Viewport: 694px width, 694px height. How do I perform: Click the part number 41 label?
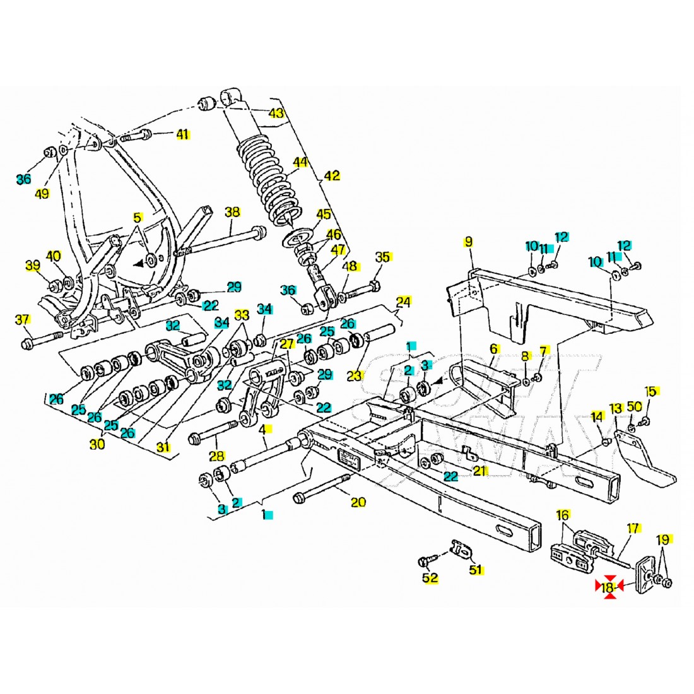coord(182,134)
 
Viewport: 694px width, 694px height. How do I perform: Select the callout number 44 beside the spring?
coord(300,162)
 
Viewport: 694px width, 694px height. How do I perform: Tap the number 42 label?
coord(332,175)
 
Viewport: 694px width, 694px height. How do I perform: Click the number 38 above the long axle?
coord(232,212)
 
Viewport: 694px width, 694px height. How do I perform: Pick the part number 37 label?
coord(22,321)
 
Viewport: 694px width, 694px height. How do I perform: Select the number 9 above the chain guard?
coord(468,241)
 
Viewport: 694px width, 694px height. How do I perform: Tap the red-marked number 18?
coord(608,588)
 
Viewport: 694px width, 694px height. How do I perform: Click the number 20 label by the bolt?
coord(358,502)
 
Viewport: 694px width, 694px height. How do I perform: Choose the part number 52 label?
coord(430,577)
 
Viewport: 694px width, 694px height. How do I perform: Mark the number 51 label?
coord(475,570)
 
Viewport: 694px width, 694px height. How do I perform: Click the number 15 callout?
coord(650,391)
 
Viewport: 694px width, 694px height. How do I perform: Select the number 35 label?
coord(383,257)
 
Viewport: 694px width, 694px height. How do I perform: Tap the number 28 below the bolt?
coord(216,456)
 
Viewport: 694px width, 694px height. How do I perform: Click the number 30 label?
coord(97,444)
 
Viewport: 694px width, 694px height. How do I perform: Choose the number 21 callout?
coord(481,470)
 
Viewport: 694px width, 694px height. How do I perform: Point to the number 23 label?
coord(355,375)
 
